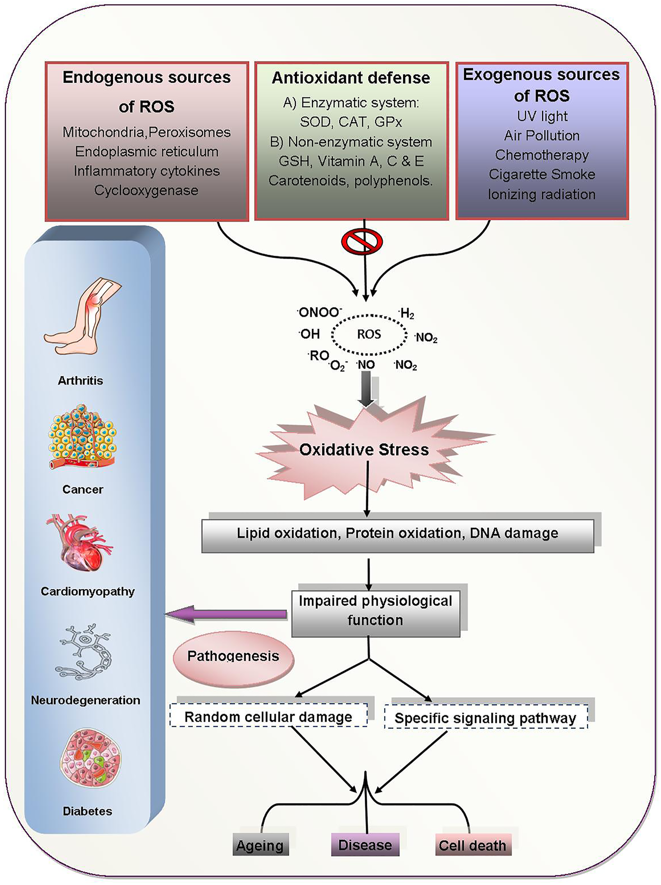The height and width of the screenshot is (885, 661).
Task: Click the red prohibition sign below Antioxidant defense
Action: tap(362, 241)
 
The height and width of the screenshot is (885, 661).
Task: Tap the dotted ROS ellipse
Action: tap(369, 335)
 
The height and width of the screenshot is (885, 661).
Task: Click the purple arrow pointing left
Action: tap(226, 614)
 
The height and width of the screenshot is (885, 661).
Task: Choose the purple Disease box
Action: tap(365, 845)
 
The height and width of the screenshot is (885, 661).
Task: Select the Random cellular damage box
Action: tap(268, 716)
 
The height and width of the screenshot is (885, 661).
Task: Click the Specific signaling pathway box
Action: tap(486, 718)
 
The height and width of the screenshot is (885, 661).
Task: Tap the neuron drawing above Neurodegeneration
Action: tap(83, 652)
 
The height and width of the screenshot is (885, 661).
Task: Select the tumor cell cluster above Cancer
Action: tap(82, 437)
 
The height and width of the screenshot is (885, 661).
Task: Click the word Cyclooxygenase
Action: tap(146, 191)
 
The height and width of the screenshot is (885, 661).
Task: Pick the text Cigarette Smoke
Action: tap(542, 174)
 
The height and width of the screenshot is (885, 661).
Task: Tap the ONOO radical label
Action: tap(319, 312)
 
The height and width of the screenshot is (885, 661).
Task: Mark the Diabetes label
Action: tap(88, 811)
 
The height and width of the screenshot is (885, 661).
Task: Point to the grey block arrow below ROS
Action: tap(366, 388)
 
